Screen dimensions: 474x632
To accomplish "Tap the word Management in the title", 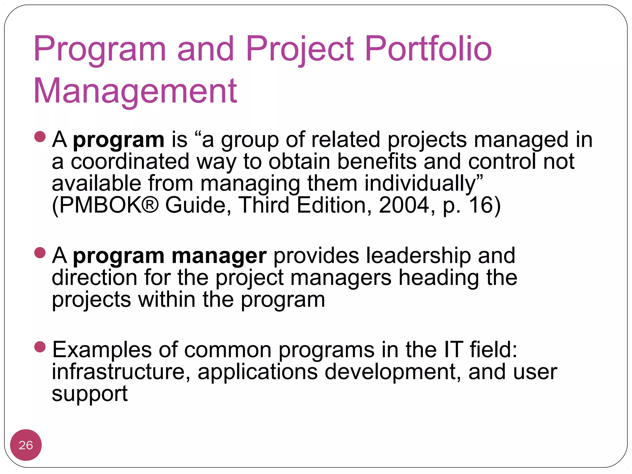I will pos(135,91).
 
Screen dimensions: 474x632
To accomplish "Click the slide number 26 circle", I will pos(26,445).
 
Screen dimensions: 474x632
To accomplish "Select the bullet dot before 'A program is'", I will pos(40,136).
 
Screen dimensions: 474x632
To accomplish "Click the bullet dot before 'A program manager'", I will pos(40,252).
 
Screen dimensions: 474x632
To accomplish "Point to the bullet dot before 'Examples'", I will pos(40,347).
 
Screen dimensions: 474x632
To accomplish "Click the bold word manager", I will pos(219,256).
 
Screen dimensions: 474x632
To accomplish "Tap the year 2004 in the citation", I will pos(404,205).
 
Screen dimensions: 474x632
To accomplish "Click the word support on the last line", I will pos(89,394).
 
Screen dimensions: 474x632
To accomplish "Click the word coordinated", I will pos(130,162).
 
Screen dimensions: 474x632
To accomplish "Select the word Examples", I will pos(102,350).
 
